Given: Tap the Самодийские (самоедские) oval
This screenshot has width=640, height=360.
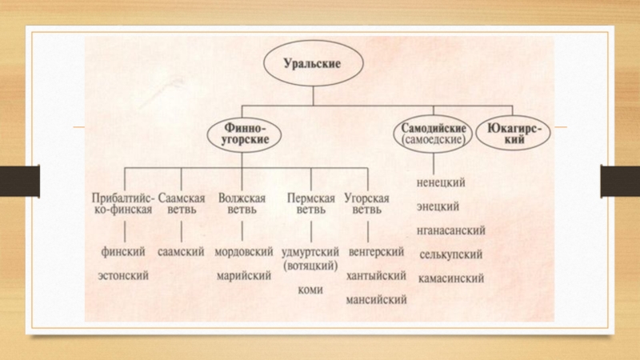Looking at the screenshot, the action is [429, 133].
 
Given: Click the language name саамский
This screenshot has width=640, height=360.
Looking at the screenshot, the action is [182, 251].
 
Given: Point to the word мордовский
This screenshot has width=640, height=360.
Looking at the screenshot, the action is [245, 251].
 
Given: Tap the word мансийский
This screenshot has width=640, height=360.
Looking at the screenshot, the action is [375, 300].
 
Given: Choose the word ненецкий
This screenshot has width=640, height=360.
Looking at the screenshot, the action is [442, 183].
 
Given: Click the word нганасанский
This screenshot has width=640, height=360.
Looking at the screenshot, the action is [451, 231].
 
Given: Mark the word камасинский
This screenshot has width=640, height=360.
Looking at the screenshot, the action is [450, 279].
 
